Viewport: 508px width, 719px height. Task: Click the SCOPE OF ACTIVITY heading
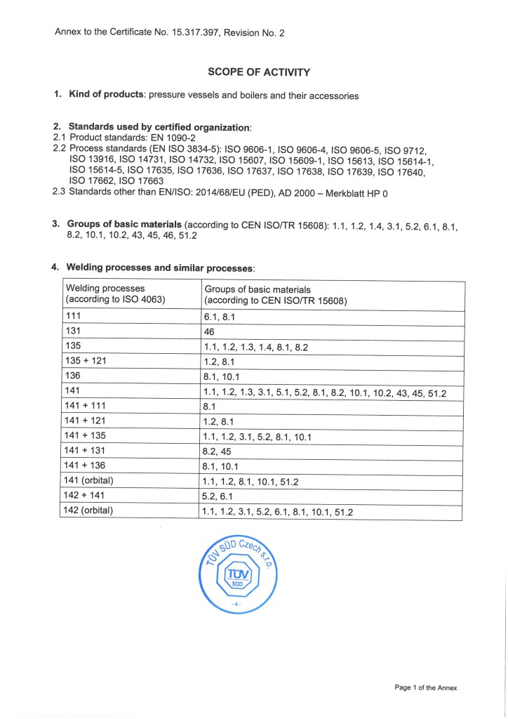point(259,72)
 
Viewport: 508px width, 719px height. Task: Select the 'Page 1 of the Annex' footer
point(425,687)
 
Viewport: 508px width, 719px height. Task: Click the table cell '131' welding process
point(73,331)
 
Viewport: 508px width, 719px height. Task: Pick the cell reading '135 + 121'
point(85,361)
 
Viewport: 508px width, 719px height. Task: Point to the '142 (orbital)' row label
point(88,510)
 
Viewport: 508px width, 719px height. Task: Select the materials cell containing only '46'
point(208,331)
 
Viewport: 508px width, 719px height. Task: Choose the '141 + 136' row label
point(85,466)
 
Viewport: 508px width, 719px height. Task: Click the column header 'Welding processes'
point(105,289)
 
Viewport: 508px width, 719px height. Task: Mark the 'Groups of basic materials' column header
point(258,289)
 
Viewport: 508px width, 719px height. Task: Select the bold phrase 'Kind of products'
point(107,94)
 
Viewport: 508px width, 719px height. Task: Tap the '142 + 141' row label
point(85,495)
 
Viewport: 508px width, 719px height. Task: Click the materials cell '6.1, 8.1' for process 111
point(218,317)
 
